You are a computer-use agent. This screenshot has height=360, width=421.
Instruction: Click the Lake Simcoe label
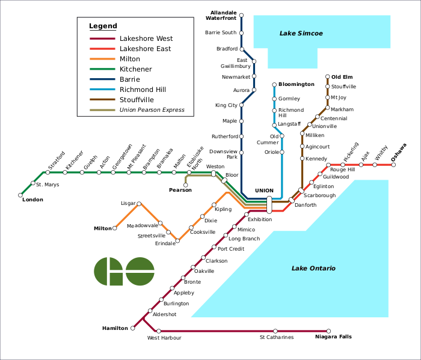coord(301,34)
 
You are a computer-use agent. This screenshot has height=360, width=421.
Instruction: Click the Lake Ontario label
coord(313,269)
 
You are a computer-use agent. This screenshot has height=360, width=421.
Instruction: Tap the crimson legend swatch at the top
coord(102,38)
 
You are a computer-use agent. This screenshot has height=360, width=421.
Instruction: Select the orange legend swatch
coord(102,59)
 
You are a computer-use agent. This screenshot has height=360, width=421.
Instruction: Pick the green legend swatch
coord(102,69)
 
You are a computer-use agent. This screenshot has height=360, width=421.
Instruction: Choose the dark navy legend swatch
coord(102,79)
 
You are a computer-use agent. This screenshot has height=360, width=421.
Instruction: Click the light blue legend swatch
coord(102,90)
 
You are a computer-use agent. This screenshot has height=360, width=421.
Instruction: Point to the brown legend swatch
coord(102,100)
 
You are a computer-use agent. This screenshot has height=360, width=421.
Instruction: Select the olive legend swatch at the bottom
coord(102,110)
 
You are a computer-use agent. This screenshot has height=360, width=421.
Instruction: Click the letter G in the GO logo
coord(108,272)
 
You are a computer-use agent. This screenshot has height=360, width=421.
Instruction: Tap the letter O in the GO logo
coord(140,272)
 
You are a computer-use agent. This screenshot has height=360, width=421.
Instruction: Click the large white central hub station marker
coord(269,205)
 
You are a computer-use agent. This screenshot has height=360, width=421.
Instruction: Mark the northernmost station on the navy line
coord(241,16)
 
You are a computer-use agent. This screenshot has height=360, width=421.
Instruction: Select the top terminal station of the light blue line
coord(274,85)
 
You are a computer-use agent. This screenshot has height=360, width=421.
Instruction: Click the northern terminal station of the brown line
coord(327,77)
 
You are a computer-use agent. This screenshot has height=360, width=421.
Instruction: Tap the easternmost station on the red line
coord(393,165)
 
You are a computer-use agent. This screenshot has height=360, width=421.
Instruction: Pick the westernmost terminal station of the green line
coord(20,195)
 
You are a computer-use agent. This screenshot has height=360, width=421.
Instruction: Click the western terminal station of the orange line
coord(115,228)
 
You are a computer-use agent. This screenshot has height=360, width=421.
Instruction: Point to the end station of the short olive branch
coord(185,185)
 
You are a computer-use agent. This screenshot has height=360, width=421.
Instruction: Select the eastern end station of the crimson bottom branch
coord(328,331)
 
